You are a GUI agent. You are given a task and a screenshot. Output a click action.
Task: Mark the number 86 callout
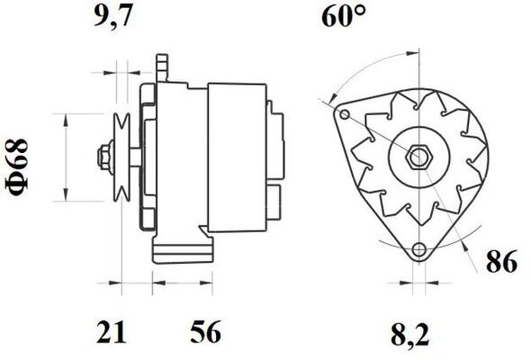pyautogui.click(x=503, y=263)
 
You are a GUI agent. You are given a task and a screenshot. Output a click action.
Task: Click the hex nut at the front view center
pyautogui.click(x=417, y=157)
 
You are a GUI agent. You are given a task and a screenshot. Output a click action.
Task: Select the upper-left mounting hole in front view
pyautogui.click(x=343, y=113)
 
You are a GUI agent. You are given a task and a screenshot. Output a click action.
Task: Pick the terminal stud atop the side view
pyautogui.click(x=162, y=64)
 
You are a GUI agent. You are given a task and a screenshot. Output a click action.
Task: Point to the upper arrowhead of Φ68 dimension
pyautogui.click(x=65, y=118)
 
